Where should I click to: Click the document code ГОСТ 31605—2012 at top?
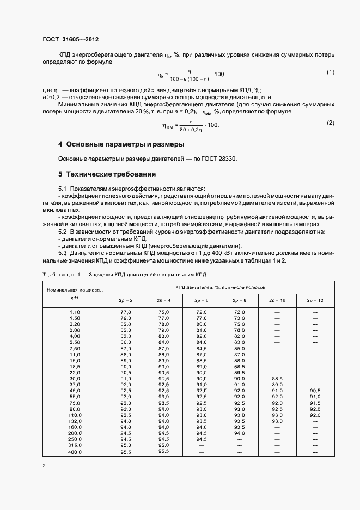point(70,40)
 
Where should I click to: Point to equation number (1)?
point(330,72)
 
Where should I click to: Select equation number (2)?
point(330,123)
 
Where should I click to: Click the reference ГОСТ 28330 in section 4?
point(219,159)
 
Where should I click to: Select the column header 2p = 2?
point(126,300)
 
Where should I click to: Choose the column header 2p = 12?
point(315,300)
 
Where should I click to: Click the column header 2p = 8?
point(239,300)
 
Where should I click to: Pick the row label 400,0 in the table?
point(75,452)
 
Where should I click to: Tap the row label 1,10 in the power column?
point(75,312)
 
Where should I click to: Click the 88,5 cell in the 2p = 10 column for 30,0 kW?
point(277,378)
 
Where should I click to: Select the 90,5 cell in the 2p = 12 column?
point(315,391)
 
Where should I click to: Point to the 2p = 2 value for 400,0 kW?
point(126,452)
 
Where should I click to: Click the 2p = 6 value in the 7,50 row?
point(201,348)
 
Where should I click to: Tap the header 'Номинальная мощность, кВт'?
point(75,294)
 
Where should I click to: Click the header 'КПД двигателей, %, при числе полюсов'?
point(220,287)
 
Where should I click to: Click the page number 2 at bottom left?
point(44,466)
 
